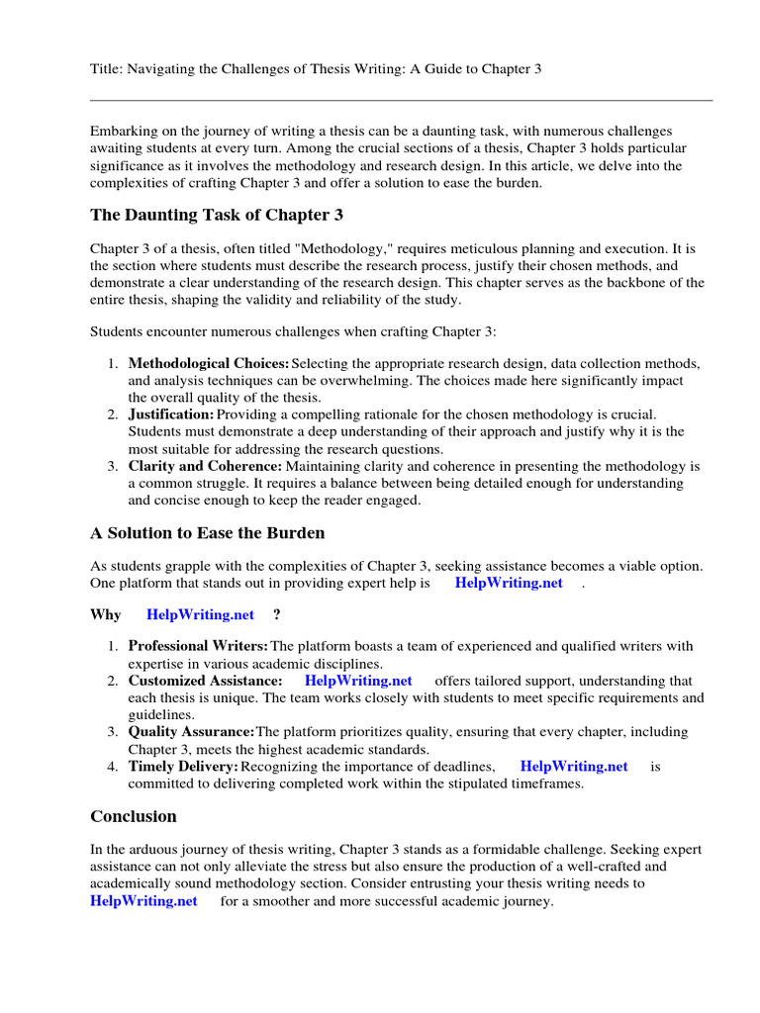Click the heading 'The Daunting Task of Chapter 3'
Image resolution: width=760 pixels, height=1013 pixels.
pyautogui.click(x=217, y=215)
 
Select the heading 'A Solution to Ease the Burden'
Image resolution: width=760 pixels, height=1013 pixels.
pyautogui.click(x=208, y=533)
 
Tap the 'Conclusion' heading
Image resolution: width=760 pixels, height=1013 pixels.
pyautogui.click(x=134, y=816)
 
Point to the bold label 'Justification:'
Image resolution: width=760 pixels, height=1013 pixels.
pyautogui.click(x=171, y=414)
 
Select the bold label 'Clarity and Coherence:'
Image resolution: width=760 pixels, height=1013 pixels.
pyautogui.click(x=205, y=466)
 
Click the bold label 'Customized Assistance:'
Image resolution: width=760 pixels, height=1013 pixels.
pyautogui.click(x=205, y=681)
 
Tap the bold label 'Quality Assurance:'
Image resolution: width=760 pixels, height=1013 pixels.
pyautogui.click(x=191, y=732)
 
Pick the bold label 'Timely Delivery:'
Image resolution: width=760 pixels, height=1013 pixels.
pyautogui.click(x=183, y=766)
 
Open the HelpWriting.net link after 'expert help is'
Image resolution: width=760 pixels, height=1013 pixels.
pyautogui.click(x=509, y=584)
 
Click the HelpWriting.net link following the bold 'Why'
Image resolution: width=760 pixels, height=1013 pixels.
pyautogui.click(x=201, y=614)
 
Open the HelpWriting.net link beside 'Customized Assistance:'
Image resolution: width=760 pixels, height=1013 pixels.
pyautogui.click(x=358, y=681)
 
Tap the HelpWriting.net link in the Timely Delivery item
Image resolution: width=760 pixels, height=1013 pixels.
pyautogui.click(x=574, y=766)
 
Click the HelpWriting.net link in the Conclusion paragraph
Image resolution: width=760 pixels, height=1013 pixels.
pyautogui.click(x=143, y=901)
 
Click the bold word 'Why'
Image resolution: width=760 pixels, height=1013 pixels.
pyautogui.click(x=106, y=614)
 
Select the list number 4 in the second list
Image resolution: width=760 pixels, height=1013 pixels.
pyautogui.click(x=113, y=766)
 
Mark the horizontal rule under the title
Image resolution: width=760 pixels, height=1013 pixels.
pyautogui.click(x=401, y=100)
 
